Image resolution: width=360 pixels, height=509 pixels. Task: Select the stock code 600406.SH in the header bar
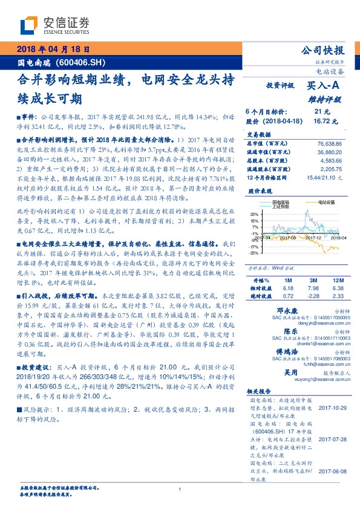click(x=84, y=62)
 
